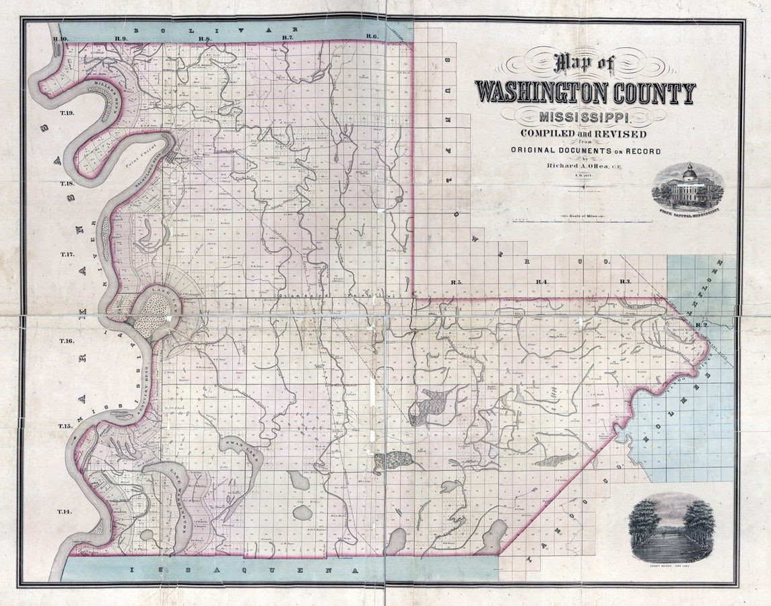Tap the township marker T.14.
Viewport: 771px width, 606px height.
coord(64,512)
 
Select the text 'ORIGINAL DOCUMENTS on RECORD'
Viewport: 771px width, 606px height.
coord(585,151)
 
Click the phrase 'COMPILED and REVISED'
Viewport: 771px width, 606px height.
coord(586,135)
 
